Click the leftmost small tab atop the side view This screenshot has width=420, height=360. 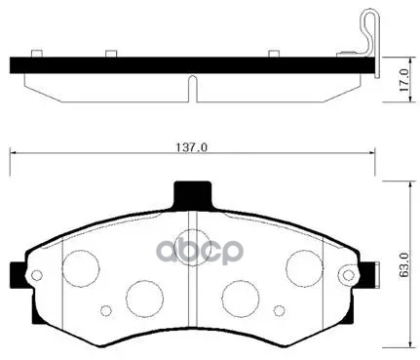pos(36,53)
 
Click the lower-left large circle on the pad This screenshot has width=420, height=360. pos(144,296)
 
